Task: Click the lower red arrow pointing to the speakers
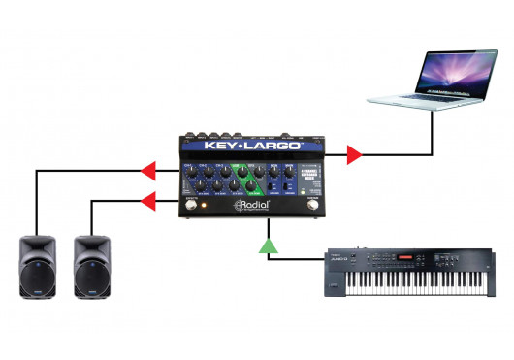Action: click(x=147, y=202)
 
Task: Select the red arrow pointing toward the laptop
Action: click(x=354, y=153)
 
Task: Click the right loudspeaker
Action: click(x=96, y=266)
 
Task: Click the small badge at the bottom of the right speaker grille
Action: click(x=96, y=293)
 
